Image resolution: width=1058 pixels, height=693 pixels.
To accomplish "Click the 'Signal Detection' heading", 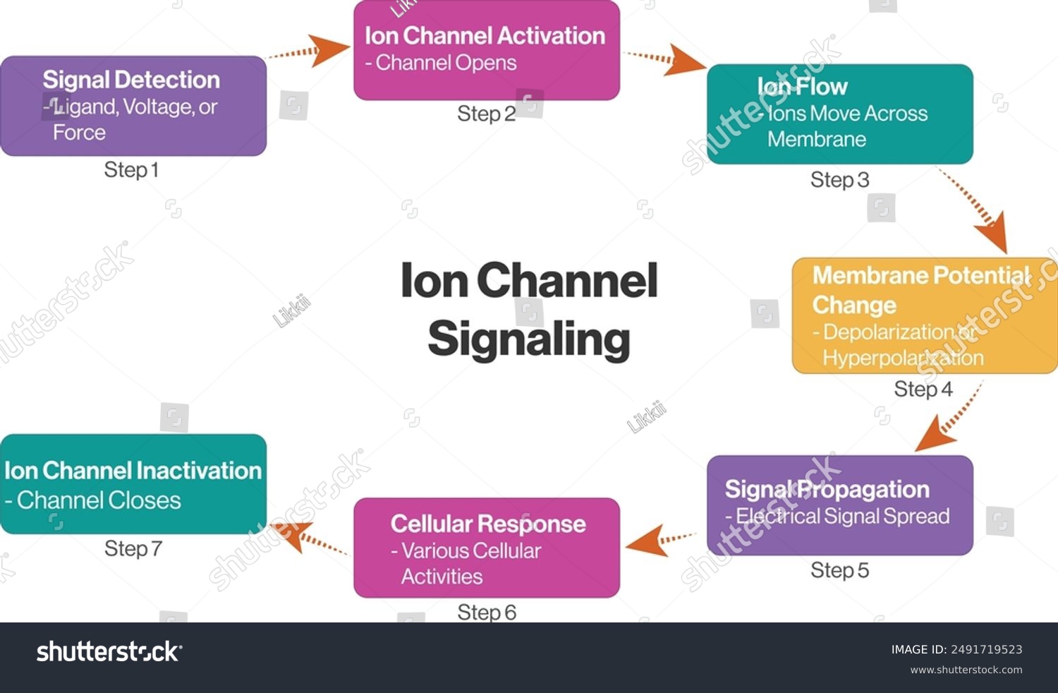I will pos(131,80).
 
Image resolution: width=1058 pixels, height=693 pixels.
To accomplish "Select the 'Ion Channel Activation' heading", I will pos(485,35).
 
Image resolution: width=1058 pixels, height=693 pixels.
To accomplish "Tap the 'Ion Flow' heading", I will pos(802,86).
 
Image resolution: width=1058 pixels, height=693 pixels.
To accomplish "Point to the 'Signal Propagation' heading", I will pos(827,489).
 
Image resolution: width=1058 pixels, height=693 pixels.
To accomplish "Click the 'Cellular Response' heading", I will pos(488,524).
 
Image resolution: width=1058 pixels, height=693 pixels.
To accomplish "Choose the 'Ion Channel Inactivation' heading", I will pos(133,471).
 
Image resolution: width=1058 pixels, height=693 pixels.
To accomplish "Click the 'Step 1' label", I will pos(131,170).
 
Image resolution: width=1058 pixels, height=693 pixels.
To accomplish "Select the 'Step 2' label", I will pos(486,114).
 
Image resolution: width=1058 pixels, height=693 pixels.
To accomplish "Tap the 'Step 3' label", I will pos(839,180).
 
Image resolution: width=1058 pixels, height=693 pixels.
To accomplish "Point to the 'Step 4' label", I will pos(923,389).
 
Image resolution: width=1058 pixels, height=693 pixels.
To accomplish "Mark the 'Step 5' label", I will pos(839,570).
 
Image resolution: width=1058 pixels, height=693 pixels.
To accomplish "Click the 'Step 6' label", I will pos(487,612).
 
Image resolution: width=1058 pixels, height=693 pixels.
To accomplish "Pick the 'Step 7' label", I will pos(133,548).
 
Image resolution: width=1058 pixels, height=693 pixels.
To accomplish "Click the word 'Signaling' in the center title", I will pos(528,339).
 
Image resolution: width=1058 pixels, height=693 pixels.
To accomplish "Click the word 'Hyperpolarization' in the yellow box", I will pos(903,358).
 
